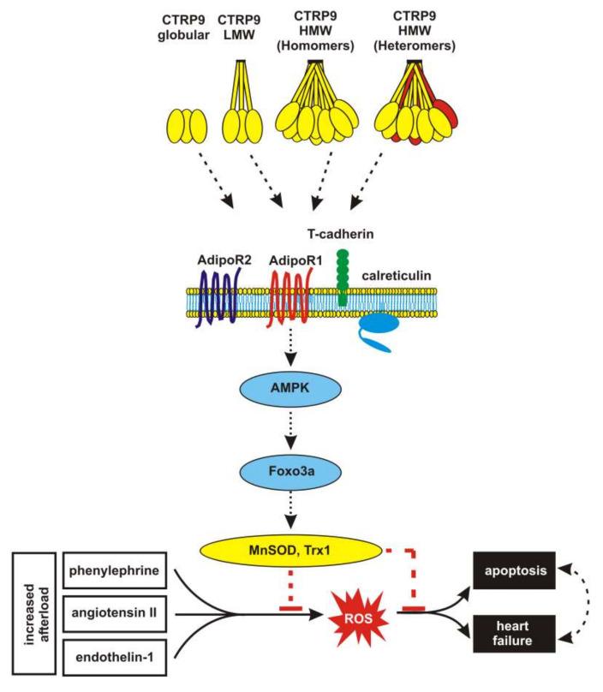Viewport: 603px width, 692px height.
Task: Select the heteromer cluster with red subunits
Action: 420,107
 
